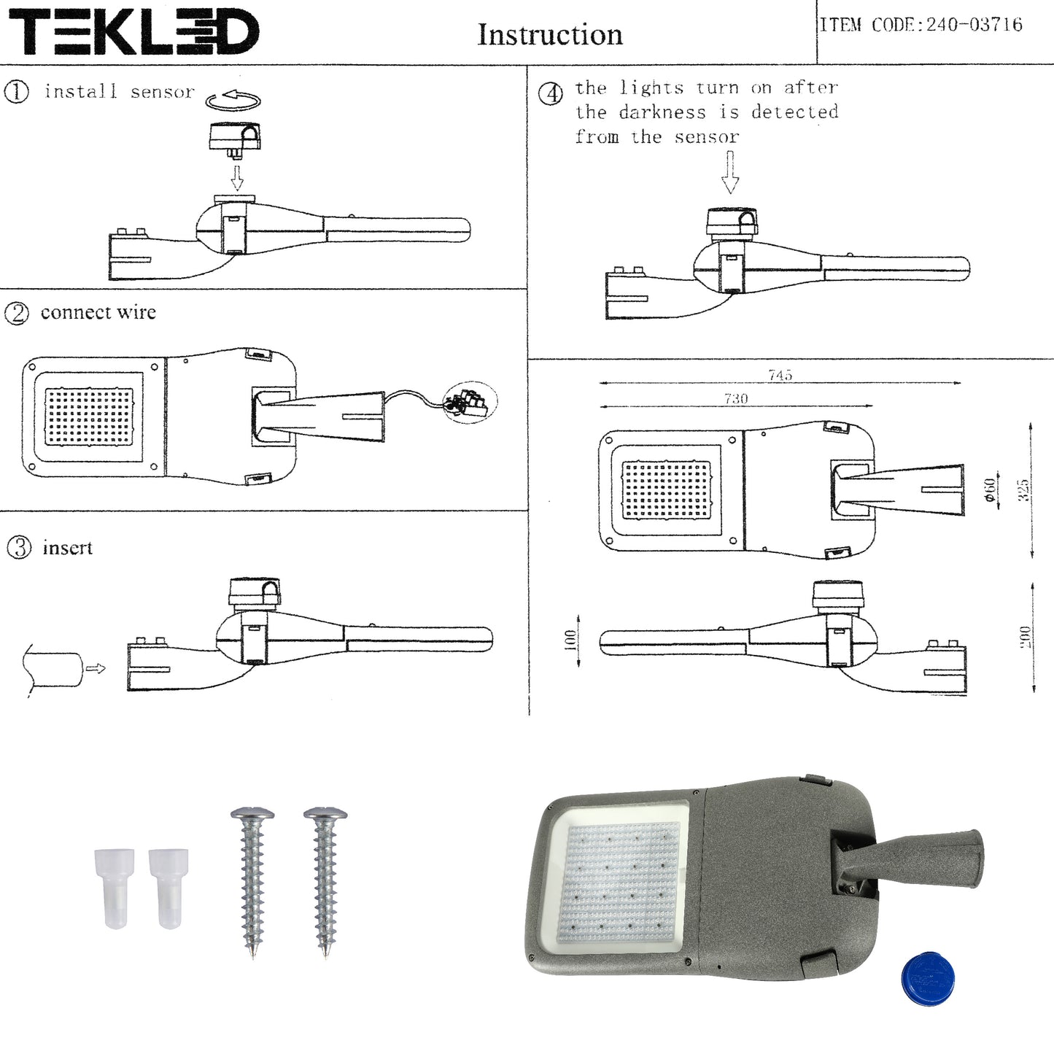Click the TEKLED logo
133,32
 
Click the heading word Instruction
550,35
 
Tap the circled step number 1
16,92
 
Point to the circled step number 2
16,313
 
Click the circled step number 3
19,548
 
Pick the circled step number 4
550,94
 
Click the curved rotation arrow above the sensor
233,100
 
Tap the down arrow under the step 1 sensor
236,177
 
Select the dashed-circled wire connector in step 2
469,403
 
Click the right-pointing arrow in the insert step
96,668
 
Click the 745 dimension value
780,375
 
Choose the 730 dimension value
735,398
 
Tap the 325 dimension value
1023,490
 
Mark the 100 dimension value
570,640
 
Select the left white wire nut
115,887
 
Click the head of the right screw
325,813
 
